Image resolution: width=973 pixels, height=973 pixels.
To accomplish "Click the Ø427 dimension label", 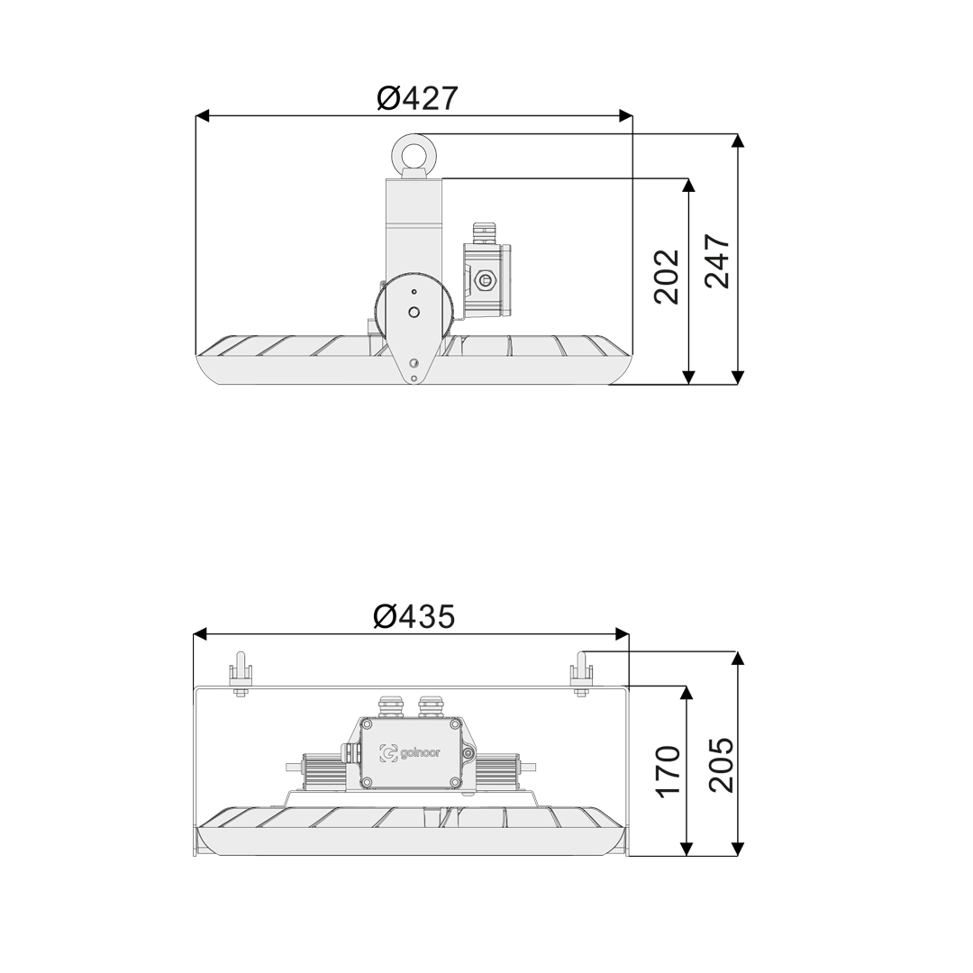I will click(x=417, y=98).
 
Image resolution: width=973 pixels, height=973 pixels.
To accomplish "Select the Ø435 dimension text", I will click(x=414, y=616).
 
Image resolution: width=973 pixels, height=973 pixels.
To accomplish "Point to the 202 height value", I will click(x=667, y=277).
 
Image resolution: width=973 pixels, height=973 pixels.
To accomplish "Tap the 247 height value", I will click(x=717, y=261).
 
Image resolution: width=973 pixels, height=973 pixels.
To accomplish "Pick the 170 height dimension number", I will click(x=667, y=771).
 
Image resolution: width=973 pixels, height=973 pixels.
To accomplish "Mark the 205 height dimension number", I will click(x=721, y=765).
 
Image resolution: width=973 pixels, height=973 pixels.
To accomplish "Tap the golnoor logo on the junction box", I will click(x=411, y=753).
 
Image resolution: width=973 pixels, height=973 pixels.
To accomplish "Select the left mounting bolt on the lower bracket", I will click(x=241, y=676).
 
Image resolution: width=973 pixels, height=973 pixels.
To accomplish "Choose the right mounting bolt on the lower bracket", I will click(x=581, y=676).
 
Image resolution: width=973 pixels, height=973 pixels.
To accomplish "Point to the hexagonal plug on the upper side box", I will click(x=486, y=280).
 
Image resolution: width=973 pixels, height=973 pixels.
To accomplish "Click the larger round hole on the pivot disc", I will click(x=414, y=313).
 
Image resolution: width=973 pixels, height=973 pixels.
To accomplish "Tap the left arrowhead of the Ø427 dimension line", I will click(x=203, y=115).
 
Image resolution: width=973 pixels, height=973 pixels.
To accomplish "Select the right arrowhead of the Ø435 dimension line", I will click(x=622, y=633).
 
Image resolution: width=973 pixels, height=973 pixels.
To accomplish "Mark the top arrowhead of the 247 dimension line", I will click(x=738, y=141).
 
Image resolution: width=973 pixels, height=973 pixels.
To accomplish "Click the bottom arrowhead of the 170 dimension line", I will click(x=687, y=849).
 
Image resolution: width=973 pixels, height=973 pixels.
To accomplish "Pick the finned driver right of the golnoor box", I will click(x=497, y=768).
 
